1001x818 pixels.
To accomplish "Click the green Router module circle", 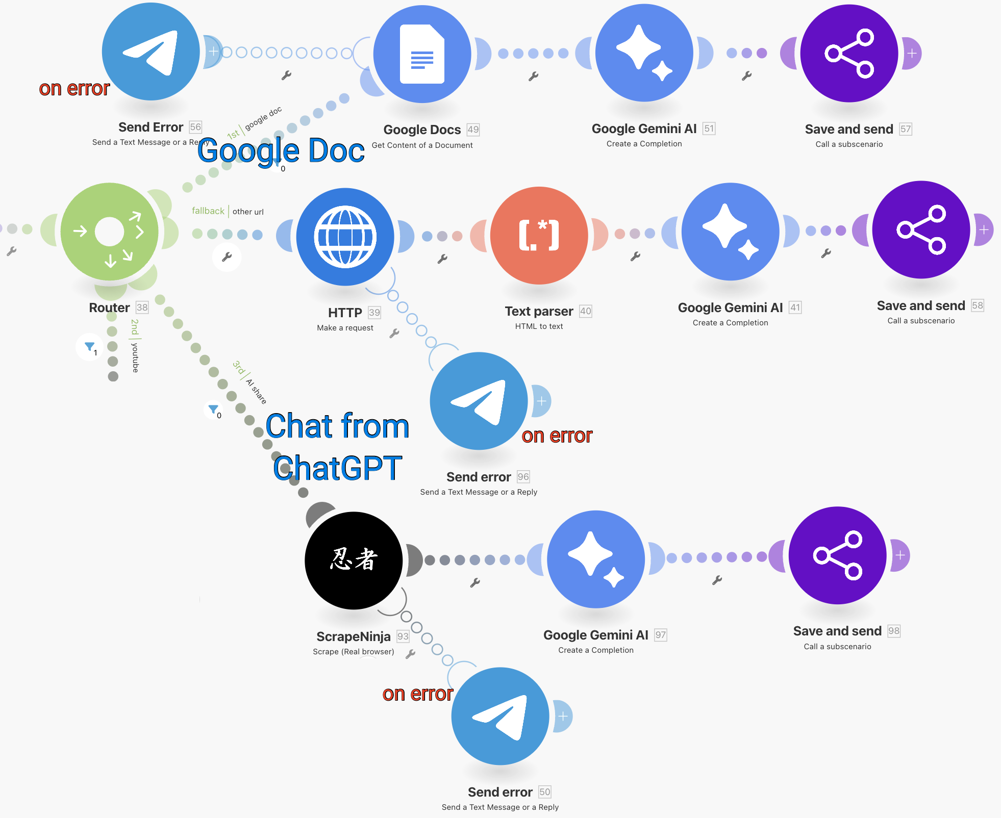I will click(109, 232).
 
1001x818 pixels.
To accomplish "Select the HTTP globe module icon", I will click(345, 237).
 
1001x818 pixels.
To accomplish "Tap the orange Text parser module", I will click(539, 236).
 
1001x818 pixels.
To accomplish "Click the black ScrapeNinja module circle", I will click(354, 560).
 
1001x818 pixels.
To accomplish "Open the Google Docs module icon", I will click(422, 54).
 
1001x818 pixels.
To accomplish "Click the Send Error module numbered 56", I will click(151, 52).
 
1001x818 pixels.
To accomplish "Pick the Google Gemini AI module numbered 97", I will click(596, 559).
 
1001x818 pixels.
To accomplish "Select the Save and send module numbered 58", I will click(921, 230).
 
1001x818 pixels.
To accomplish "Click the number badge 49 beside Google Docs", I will click(473, 130).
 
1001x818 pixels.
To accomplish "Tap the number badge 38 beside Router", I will click(142, 308).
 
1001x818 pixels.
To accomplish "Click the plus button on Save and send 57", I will click(912, 53).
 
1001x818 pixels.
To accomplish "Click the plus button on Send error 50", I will click(563, 716).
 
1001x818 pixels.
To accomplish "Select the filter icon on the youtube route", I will click(90, 347).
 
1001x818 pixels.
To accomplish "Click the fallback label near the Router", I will click(208, 211).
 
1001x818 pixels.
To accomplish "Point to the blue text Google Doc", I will click(281, 151).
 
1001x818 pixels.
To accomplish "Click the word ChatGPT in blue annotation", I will click(337, 468).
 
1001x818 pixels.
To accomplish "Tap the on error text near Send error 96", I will click(557, 436).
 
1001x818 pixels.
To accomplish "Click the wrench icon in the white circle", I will click(227, 257).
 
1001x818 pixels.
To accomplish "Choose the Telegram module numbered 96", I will click(479, 401).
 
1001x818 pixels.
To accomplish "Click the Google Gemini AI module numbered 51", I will click(644, 53).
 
